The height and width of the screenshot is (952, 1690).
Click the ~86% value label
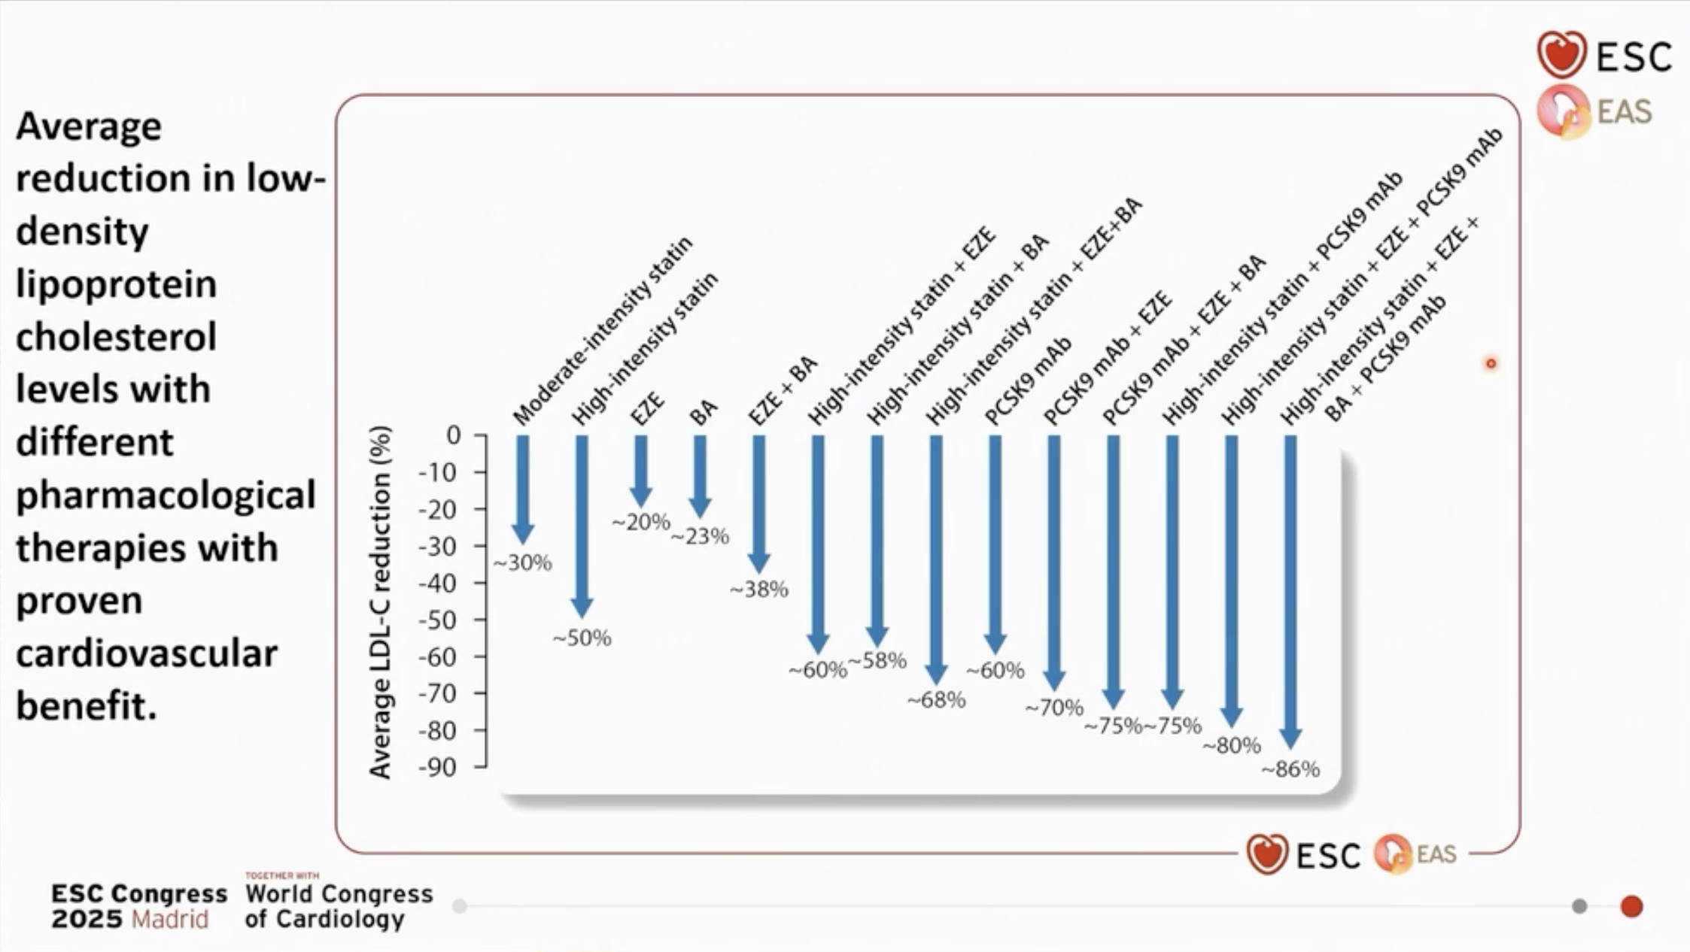1291,769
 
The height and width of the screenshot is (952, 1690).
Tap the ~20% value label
641,522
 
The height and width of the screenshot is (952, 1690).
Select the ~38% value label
759,590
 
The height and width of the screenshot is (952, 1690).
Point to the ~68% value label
937,700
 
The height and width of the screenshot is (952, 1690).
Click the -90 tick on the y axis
439,768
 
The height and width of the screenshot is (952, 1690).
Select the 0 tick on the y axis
453,435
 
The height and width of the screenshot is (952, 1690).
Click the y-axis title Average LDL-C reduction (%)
381,602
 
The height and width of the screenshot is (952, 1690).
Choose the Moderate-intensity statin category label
602,331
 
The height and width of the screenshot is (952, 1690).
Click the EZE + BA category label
783,391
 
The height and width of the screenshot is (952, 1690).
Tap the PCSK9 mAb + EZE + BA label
1184,341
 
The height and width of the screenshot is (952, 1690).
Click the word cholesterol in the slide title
117,336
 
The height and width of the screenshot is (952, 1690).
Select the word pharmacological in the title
166,495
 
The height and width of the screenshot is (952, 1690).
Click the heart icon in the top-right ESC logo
1561,55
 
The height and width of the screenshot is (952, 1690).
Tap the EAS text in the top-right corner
1624,112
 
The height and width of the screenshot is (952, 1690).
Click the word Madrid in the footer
170,919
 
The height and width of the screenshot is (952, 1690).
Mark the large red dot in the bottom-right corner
1631,906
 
